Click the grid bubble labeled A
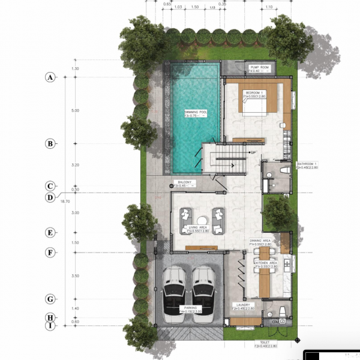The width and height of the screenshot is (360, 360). [50, 77]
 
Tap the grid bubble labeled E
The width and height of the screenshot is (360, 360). [50, 233]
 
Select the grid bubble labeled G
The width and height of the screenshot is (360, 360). [50, 299]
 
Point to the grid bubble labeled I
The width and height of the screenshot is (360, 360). [50, 326]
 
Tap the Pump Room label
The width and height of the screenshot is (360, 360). [260, 68]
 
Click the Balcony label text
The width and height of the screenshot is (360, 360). [183, 182]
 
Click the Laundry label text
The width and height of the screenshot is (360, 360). [242, 305]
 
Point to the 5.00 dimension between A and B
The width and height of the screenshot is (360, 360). [75, 110]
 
